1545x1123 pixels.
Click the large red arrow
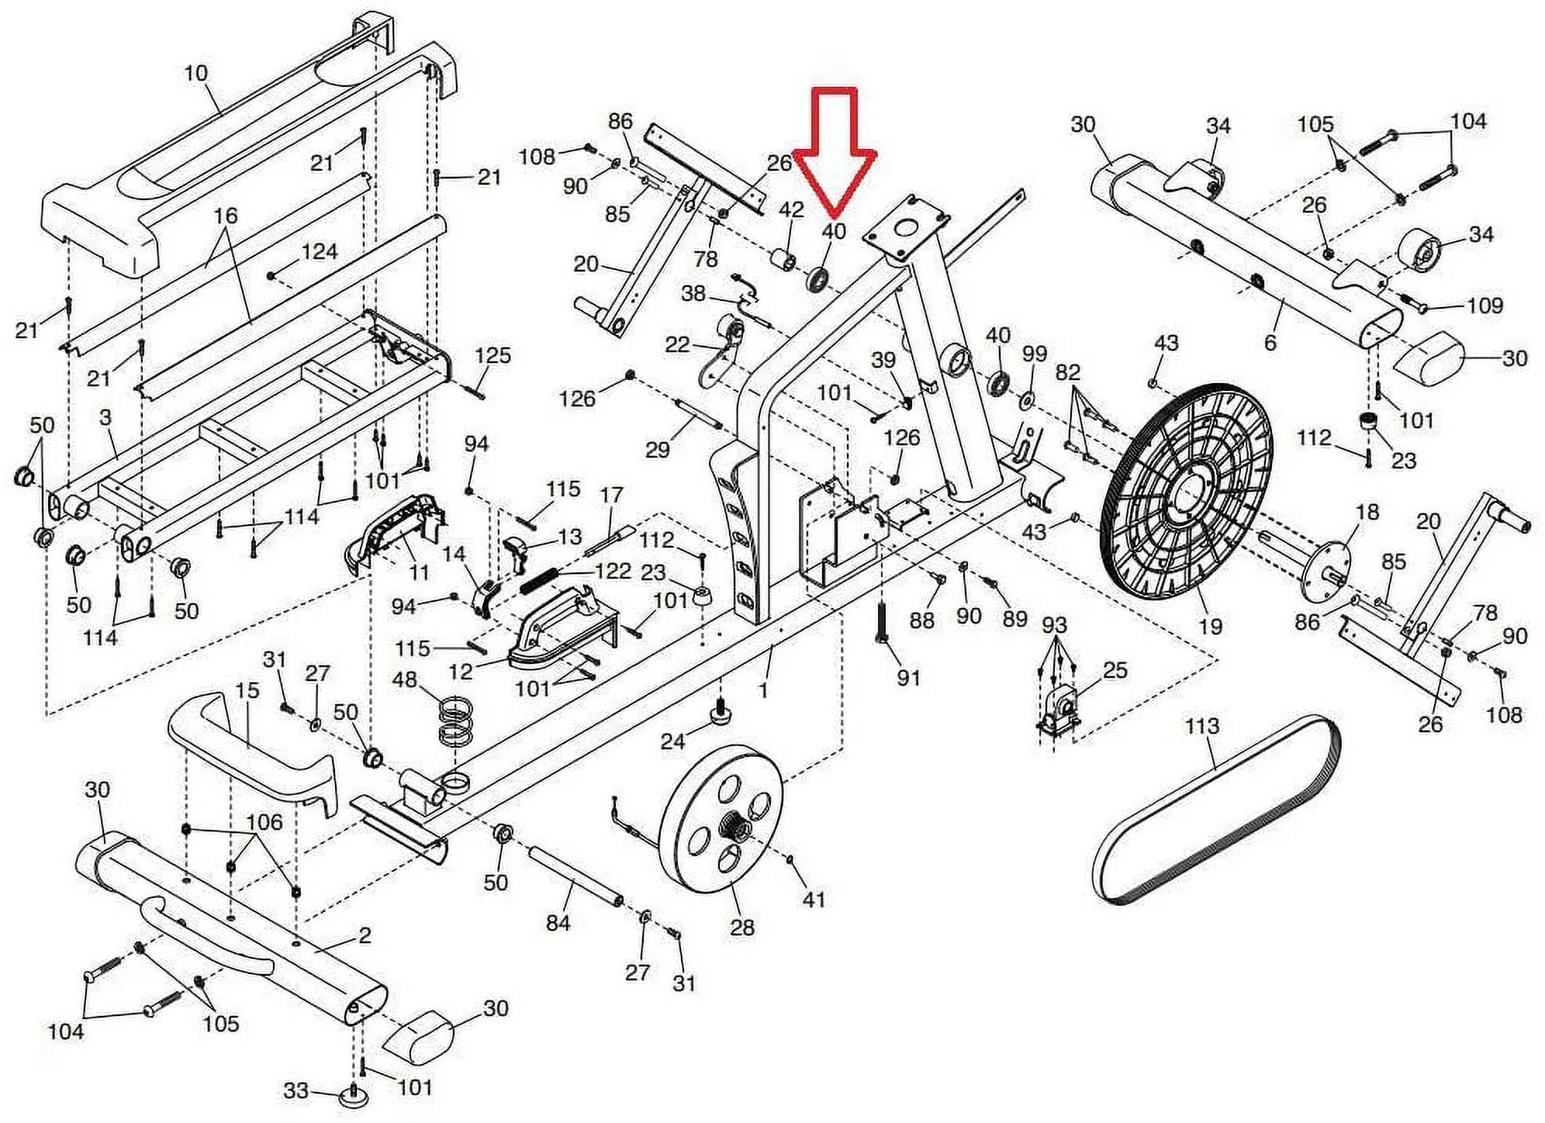[x=834, y=147]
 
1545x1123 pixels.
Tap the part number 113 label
[x=1201, y=727]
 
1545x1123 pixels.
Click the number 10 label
[x=196, y=74]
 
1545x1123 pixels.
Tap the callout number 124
[x=320, y=252]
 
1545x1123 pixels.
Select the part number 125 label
[x=493, y=356]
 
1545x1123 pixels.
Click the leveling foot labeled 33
[x=353, y=1097]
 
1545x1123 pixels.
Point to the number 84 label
[x=558, y=923]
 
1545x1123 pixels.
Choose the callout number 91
[x=908, y=678]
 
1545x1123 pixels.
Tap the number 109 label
[x=1485, y=306]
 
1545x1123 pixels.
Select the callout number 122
[x=613, y=572]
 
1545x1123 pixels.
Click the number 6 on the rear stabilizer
[x=1270, y=343]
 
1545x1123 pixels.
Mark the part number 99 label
[x=1035, y=355]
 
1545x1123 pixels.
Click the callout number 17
[x=612, y=495]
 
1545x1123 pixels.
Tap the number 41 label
[x=814, y=900]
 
